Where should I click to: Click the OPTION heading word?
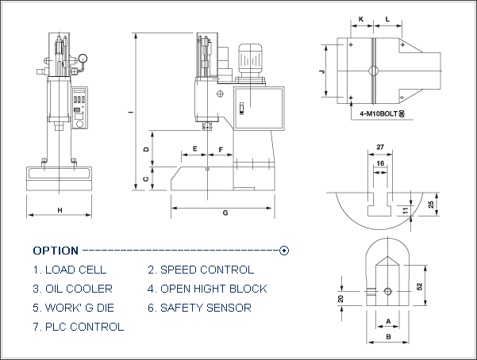coord(56,251)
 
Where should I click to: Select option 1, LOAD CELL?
coord(70,270)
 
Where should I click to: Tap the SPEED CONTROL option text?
coord(201,270)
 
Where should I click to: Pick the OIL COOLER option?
coord(73,289)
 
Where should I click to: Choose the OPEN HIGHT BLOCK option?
coord(207,289)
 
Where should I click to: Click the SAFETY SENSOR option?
coord(199,308)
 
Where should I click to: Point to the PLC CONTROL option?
coord(79,327)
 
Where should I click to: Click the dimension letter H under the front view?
coord(60,210)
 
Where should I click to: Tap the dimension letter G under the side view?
coord(225,213)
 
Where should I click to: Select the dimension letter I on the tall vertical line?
coord(130,112)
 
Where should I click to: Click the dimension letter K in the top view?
coord(361,19)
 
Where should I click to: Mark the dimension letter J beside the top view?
coord(322,71)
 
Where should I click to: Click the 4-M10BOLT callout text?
coord(382,113)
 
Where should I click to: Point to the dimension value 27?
coord(380,147)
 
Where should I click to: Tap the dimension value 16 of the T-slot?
coord(380,163)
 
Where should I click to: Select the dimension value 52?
coord(420,286)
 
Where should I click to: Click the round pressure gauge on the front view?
coord(83,58)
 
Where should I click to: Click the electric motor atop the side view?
coord(250,60)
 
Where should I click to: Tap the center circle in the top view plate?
coord(373,71)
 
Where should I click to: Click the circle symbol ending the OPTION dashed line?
coord(284,251)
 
